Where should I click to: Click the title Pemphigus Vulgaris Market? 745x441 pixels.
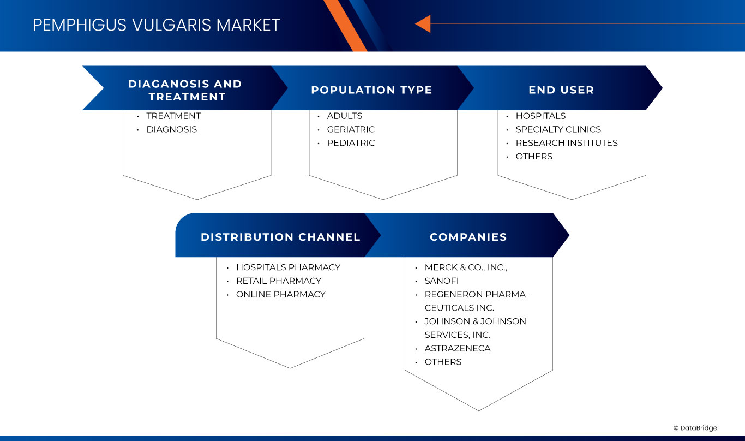[x=156, y=25]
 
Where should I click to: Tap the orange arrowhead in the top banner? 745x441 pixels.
[x=423, y=24]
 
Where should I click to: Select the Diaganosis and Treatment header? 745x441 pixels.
[x=185, y=90]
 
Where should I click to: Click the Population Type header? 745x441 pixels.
[x=371, y=90]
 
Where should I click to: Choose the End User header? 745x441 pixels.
[x=561, y=90]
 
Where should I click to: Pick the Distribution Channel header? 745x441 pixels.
[x=280, y=237]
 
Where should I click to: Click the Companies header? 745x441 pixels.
[x=468, y=237]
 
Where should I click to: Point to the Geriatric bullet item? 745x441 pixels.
[x=351, y=129]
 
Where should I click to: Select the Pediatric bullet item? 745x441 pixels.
[x=351, y=143]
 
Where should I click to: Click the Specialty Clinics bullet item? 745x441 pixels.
[x=558, y=129]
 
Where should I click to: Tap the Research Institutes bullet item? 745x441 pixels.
[x=566, y=143]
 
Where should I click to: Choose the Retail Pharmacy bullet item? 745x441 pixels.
[x=278, y=281]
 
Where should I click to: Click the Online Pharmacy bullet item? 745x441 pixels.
[x=280, y=294]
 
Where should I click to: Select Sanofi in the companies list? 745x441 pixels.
[x=442, y=281]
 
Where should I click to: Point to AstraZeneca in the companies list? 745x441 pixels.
[x=458, y=348]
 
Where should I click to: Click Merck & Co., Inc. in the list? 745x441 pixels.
[x=466, y=267]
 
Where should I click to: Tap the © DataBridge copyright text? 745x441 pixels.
[x=695, y=428]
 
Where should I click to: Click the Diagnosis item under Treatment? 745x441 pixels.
[x=171, y=129]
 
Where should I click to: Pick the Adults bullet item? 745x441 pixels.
[x=344, y=116]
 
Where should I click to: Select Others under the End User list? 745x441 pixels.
[x=534, y=157]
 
